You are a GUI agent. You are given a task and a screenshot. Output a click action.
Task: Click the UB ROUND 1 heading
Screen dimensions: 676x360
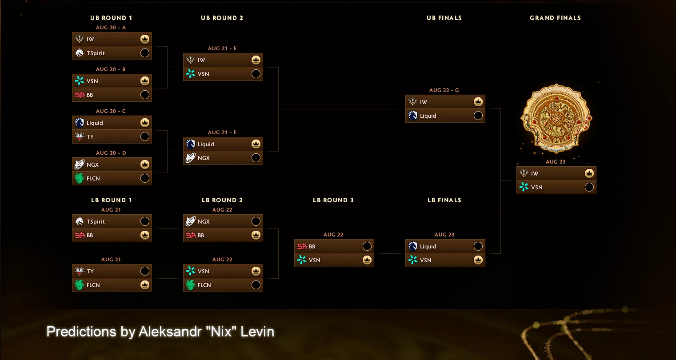111,18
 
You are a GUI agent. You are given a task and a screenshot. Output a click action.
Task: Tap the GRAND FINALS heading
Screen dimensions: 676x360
555,18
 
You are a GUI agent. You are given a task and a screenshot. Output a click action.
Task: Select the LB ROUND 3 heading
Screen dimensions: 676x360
333,200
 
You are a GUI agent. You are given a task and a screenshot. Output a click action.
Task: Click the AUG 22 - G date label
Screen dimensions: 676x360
444,90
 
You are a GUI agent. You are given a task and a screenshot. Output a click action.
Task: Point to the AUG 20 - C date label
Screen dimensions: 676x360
111,111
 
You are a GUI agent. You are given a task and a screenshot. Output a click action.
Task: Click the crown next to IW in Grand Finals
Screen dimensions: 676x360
589,173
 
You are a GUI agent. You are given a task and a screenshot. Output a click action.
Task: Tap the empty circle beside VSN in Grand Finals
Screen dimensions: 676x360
589,187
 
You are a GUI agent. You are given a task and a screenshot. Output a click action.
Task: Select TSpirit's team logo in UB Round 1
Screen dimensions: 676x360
80,53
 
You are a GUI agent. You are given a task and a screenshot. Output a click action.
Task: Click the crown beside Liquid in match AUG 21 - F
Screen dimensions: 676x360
256,144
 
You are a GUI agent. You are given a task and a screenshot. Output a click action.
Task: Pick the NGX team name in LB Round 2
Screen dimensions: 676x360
204,221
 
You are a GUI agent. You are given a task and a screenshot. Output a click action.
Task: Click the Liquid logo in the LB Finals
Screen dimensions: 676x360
412,246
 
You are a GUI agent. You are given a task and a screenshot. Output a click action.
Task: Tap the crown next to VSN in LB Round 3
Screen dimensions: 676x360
367,260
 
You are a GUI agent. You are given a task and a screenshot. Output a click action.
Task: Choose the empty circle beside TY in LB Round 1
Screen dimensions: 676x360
145,271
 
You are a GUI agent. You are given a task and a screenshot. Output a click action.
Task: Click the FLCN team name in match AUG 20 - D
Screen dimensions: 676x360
93,178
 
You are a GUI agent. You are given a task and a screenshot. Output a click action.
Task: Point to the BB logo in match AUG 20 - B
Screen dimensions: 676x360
80,95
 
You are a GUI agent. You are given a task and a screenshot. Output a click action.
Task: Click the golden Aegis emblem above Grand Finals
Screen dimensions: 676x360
556,118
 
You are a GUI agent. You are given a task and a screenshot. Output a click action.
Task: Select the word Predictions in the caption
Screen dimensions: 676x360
81,332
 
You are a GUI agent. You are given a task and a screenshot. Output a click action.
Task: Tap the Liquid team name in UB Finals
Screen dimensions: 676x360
428,116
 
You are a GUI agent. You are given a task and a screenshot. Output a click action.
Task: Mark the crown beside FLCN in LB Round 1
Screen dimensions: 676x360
145,285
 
